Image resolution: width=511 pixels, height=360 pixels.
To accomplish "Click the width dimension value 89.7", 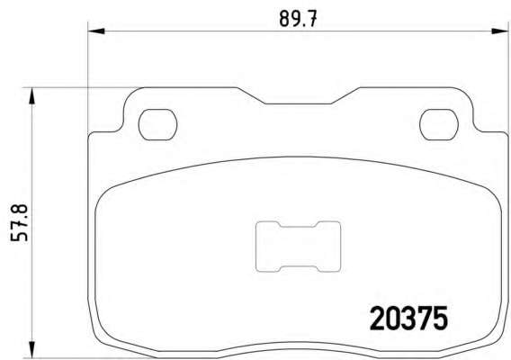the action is click(298, 19).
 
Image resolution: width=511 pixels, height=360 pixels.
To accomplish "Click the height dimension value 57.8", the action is click(19, 223).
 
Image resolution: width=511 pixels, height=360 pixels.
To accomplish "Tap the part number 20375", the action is click(408, 319).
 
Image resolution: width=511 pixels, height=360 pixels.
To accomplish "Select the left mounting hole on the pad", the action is click(157, 124).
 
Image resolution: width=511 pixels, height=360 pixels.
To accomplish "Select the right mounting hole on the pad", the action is click(439, 124).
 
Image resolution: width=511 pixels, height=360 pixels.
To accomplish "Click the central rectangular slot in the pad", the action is click(298, 247).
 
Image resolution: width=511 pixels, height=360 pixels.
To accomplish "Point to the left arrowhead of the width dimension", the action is click(96, 31).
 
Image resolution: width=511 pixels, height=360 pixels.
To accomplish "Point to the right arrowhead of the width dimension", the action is click(500, 31).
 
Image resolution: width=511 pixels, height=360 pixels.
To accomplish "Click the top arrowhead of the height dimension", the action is click(31, 96).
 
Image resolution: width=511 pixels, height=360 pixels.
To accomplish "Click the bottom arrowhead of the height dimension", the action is click(31, 349).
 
